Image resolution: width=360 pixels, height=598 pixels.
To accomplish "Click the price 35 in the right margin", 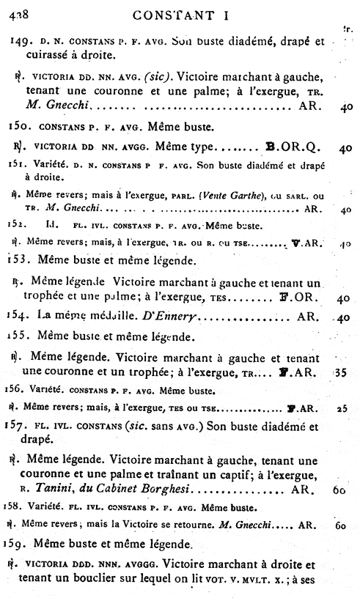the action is (339, 373).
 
